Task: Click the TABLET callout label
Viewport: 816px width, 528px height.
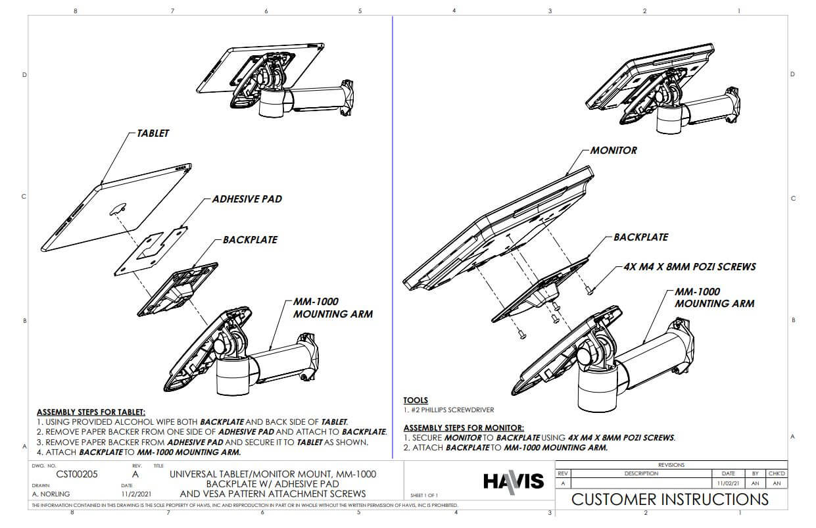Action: pos(153,133)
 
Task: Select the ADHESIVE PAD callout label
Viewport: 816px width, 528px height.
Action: pos(247,199)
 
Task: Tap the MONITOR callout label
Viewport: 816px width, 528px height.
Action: pos(613,151)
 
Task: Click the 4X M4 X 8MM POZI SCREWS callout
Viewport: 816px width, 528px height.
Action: pos(690,267)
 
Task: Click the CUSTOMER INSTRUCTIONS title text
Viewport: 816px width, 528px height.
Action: pos(669,498)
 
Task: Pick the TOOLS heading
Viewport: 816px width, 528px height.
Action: pos(416,400)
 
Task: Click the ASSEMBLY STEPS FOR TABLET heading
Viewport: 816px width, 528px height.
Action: pos(91,412)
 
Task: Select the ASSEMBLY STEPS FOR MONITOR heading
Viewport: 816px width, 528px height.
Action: pos(464,427)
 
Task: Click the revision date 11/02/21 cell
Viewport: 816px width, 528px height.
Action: pos(728,483)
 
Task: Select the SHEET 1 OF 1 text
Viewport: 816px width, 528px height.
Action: pos(424,495)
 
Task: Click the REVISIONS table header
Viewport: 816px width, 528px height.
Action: pos(671,465)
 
